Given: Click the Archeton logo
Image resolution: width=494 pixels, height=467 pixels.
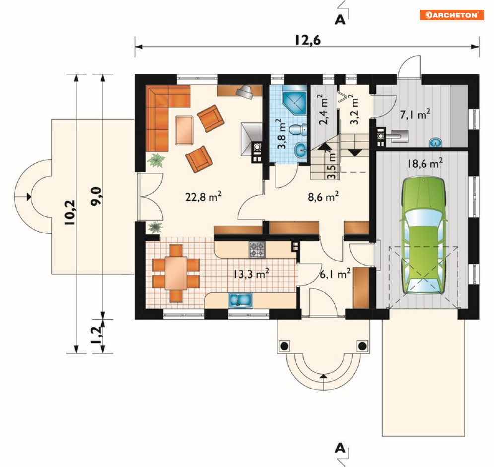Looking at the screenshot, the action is (x=451, y=15).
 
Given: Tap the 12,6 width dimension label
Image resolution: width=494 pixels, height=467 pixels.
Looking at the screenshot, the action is (x=308, y=40).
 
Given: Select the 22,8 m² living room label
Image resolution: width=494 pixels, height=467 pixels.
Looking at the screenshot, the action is (x=203, y=197).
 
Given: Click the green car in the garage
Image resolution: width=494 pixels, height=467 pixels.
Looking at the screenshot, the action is (x=423, y=235).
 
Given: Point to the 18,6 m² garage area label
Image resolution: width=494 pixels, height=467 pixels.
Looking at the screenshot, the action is (x=425, y=163).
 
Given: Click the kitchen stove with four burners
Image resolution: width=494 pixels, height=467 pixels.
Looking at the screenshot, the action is (x=257, y=250).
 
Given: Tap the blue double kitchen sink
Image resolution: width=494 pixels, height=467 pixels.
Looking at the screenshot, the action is (x=240, y=300).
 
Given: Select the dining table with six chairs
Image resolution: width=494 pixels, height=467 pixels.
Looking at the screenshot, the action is (x=176, y=273).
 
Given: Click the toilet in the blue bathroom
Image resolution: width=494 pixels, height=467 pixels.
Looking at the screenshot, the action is (x=298, y=129).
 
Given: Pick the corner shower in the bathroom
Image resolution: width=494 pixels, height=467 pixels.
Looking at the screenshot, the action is (x=294, y=103).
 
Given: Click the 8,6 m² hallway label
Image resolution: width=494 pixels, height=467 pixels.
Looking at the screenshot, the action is (x=323, y=197).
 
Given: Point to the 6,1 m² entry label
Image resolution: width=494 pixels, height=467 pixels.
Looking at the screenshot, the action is (x=335, y=274).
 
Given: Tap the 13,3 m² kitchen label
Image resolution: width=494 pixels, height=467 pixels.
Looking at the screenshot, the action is (x=251, y=274).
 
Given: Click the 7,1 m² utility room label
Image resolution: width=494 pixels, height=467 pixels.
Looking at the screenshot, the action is (x=415, y=114).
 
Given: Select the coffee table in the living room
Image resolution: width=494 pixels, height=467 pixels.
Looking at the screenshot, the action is (x=184, y=130).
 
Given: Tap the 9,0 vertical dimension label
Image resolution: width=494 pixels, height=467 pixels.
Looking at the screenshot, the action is (x=96, y=196).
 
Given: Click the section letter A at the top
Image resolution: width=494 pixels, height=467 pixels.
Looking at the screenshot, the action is (x=340, y=20).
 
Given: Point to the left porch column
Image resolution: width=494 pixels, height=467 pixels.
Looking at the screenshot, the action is (x=284, y=346).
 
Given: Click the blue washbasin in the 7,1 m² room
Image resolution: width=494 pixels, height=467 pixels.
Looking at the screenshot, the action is (x=436, y=143).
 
